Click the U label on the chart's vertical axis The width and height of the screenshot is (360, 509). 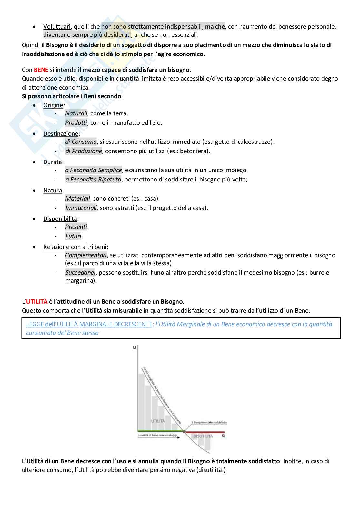[x=134, y=348]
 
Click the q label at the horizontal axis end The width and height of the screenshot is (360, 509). [x=223, y=436]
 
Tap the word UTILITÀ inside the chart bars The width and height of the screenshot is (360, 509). [x=158, y=421]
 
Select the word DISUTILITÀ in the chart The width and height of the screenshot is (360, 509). [x=203, y=436]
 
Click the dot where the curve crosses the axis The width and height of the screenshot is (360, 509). [x=184, y=431]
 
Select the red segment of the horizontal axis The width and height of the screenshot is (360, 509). [x=205, y=432]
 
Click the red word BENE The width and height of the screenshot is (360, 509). [x=41, y=70]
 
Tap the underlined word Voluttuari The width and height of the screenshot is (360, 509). [x=57, y=26]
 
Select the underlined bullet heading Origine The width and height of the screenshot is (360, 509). [x=53, y=105]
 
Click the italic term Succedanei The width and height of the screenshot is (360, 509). [x=80, y=273]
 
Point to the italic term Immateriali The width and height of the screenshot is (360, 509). [x=81, y=208]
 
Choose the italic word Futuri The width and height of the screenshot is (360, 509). [x=73, y=236]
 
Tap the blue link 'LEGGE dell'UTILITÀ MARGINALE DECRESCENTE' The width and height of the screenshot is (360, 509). [x=89, y=324]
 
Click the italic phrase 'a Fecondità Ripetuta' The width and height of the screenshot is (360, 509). [x=93, y=180]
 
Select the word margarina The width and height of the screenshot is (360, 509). [x=80, y=281]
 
